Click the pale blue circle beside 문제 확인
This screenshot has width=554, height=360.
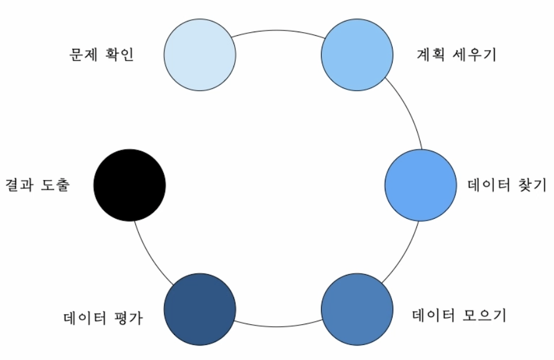(x=200, y=54)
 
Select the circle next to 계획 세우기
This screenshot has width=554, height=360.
(x=357, y=54)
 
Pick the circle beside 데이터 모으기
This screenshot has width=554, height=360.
(x=357, y=309)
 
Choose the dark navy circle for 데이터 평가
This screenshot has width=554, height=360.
(x=200, y=309)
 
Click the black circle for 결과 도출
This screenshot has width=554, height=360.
(x=129, y=185)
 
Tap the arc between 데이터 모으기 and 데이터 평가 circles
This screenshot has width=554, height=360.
(x=278, y=325)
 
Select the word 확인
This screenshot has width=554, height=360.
(x=119, y=55)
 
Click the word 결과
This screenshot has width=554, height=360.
(x=20, y=185)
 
